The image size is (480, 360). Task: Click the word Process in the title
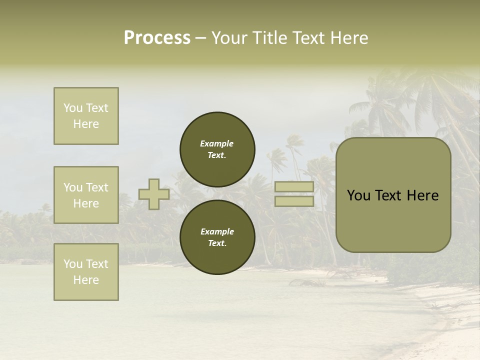point(157,38)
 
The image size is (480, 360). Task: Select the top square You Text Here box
point(86,116)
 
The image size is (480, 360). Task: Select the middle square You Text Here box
point(86,195)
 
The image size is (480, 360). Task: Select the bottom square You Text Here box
point(86,272)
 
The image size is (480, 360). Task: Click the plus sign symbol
point(154,194)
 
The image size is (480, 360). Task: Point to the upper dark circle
point(217,149)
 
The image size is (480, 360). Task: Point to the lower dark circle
point(217,237)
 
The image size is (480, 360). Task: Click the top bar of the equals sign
point(294,187)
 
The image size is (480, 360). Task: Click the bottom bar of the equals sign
point(294,201)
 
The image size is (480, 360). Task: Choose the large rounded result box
point(393,195)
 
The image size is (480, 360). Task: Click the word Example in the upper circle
point(217,143)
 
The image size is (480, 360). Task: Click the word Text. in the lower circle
point(217,243)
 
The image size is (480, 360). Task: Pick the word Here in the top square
point(86,124)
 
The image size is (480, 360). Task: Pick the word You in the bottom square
point(73,264)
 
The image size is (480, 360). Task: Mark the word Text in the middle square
point(97,187)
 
